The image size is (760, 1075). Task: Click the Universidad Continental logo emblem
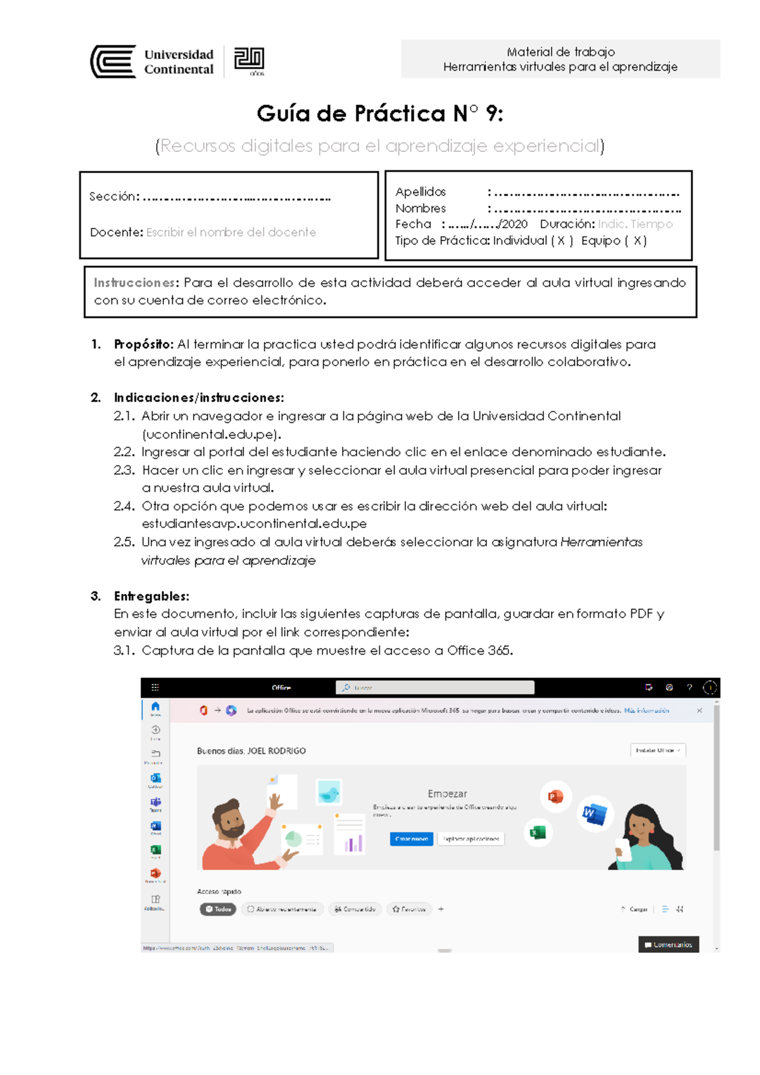click(x=113, y=61)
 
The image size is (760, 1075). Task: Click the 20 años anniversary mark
click(x=250, y=61)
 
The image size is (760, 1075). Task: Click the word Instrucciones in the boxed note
click(x=135, y=283)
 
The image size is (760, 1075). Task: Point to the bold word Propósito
click(x=143, y=344)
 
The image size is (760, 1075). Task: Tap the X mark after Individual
click(x=561, y=241)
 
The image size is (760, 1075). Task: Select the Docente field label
click(x=117, y=232)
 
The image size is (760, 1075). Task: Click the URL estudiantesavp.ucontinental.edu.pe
click(x=254, y=524)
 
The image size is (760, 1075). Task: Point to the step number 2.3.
click(x=124, y=470)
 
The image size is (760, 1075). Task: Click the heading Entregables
click(x=151, y=596)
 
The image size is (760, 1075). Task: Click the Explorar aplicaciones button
click(x=471, y=839)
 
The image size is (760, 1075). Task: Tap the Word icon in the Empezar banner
click(x=595, y=813)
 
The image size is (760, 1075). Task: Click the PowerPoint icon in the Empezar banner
click(x=555, y=797)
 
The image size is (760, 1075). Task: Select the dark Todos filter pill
click(x=218, y=909)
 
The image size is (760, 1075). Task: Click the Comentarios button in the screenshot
click(x=668, y=945)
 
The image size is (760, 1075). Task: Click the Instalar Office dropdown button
click(x=657, y=750)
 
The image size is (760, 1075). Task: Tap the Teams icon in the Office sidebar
click(x=155, y=803)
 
